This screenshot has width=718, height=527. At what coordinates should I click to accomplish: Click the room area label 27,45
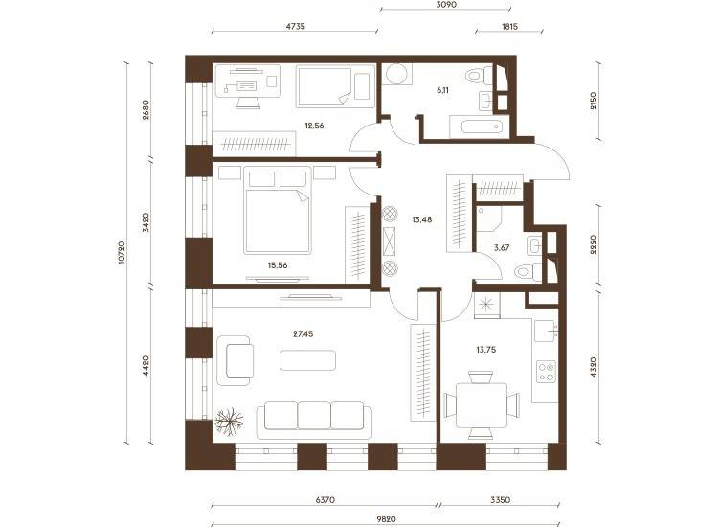[x=303, y=334]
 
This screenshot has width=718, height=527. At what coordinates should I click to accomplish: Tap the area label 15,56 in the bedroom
[x=278, y=264]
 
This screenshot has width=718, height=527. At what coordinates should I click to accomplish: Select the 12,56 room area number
[x=314, y=126]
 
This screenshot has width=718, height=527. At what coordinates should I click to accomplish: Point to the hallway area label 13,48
[x=421, y=219]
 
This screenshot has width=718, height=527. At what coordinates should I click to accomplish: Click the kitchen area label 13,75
[x=485, y=350]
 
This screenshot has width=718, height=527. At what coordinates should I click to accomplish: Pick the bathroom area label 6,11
[x=442, y=90]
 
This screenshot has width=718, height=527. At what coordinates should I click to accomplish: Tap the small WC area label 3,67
[x=502, y=247]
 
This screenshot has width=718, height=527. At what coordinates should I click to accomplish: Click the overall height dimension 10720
[x=122, y=252]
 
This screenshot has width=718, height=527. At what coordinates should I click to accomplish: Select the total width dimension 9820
[x=386, y=519]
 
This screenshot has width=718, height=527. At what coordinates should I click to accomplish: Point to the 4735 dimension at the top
[x=296, y=26]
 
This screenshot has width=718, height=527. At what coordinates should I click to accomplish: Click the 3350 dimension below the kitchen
[x=500, y=499]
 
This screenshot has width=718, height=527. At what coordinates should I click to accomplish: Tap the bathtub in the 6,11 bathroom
[x=480, y=126]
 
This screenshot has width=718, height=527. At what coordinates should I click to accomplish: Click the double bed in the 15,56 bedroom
[x=278, y=211]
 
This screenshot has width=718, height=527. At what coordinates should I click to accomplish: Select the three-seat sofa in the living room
[x=314, y=421]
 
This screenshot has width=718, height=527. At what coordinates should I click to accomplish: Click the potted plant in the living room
[x=229, y=422]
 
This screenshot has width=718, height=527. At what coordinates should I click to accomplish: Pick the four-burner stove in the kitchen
[x=546, y=372]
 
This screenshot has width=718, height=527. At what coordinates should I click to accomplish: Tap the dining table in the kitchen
[x=482, y=405]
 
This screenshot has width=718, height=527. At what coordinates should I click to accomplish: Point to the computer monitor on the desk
[x=247, y=85]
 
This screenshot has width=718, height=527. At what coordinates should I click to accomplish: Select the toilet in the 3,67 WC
[x=527, y=272]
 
